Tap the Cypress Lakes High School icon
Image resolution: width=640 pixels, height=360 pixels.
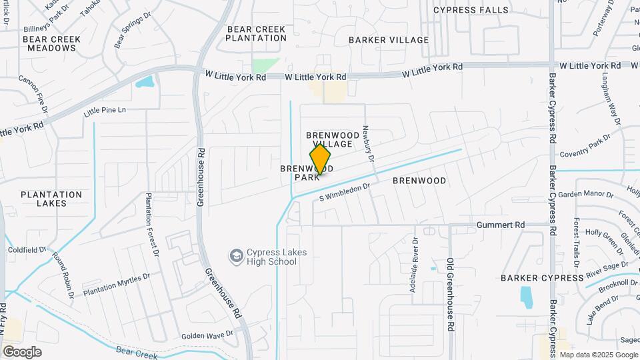click(236, 256)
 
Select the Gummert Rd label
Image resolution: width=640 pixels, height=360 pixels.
click(501, 225)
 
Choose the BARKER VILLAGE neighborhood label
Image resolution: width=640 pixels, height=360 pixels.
click(389, 40)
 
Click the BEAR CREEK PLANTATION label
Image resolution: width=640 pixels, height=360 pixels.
click(256, 33)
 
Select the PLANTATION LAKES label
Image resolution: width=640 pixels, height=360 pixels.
click(51, 199)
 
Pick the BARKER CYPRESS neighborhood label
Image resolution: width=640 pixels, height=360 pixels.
click(542, 277)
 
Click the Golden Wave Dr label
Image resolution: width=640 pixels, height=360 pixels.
click(207, 334)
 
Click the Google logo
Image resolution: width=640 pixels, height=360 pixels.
click(22, 351)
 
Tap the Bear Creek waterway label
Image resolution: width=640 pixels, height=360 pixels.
click(137, 352)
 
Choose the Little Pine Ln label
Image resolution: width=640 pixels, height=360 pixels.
click(105, 110)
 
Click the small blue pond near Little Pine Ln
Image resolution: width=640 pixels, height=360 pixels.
click(145, 83)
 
